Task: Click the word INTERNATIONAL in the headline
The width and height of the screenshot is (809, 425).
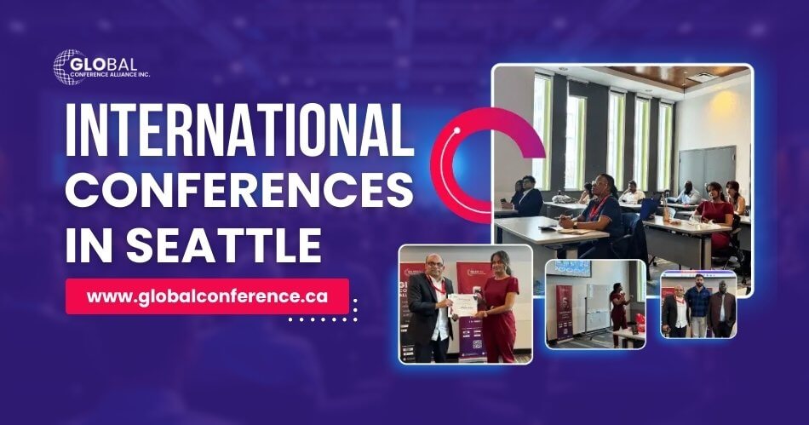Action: [238, 135]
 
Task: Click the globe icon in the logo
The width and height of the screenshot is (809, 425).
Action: [69, 67]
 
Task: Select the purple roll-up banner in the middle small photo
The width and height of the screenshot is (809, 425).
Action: [564, 312]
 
